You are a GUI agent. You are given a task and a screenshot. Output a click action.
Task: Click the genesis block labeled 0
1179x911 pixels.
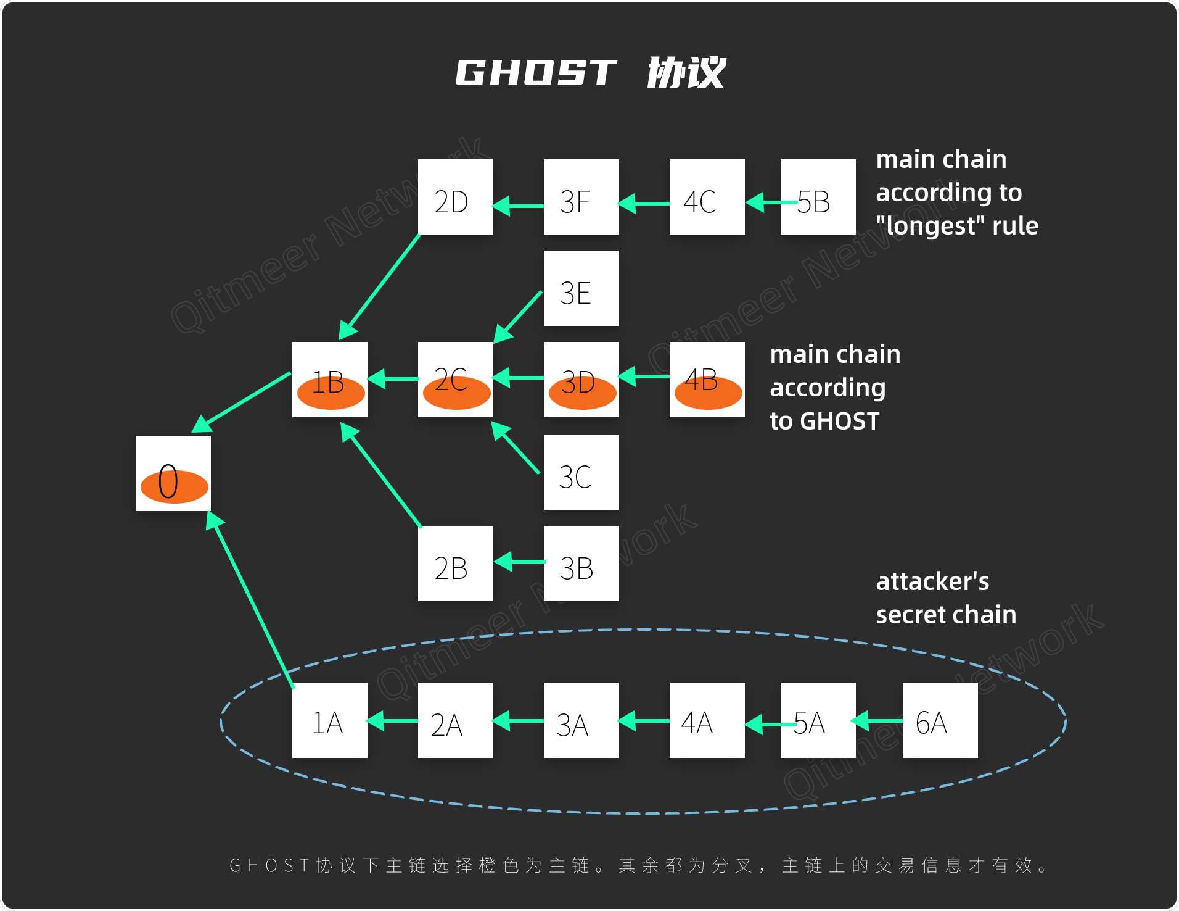click(173, 473)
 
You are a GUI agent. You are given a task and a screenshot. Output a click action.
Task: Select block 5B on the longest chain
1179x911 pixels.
click(818, 197)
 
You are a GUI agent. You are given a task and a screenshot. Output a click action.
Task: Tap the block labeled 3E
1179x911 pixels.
click(581, 288)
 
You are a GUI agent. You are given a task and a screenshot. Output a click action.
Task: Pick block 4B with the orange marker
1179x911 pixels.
click(707, 380)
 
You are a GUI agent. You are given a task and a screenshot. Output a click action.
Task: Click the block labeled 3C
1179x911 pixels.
click(581, 472)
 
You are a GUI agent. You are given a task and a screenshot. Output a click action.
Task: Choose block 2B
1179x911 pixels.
click(455, 564)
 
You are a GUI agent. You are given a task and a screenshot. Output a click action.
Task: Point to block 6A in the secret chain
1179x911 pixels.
click(940, 720)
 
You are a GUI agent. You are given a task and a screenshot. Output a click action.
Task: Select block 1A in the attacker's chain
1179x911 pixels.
click(329, 720)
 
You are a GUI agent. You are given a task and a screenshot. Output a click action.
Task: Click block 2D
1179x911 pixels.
click(455, 197)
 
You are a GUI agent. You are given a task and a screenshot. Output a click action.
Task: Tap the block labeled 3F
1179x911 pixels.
click(581, 197)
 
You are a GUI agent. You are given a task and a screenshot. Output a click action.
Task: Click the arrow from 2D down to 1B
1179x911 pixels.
click(379, 287)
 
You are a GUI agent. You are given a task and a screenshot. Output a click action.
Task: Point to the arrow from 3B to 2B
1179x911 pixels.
click(519, 562)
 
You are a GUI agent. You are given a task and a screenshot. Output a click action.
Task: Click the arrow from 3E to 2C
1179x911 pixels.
click(518, 317)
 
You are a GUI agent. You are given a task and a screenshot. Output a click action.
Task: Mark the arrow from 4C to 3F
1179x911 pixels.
click(644, 203)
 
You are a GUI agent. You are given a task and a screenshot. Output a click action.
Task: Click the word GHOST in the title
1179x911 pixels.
click(535, 73)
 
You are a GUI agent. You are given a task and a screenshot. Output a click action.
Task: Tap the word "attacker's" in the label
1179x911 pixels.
click(932, 581)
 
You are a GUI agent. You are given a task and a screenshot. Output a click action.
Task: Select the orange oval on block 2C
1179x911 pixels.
click(456, 394)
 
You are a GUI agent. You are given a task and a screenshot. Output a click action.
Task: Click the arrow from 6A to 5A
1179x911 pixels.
click(878, 720)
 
